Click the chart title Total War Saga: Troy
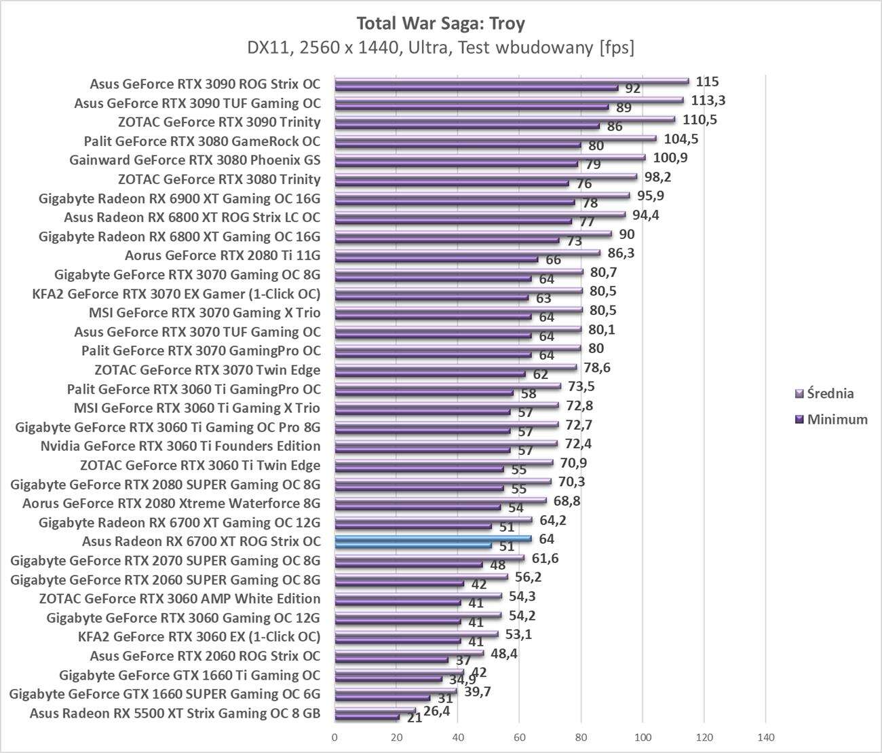[x=440, y=24]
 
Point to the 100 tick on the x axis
[x=643, y=737]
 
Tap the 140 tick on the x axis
[x=765, y=737]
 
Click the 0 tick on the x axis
[x=334, y=737]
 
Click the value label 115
[x=707, y=81]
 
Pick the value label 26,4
[x=436, y=711]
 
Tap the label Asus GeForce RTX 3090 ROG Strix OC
[x=205, y=84]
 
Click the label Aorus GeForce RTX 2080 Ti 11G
[x=223, y=256]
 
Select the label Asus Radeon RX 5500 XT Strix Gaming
[x=175, y=713]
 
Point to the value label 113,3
[x=707, y=100]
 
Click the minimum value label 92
[x=632, y=88]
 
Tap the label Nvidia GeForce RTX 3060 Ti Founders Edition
[x=180, y=446]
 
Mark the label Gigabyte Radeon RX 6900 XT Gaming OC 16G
[x=180, y=199]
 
